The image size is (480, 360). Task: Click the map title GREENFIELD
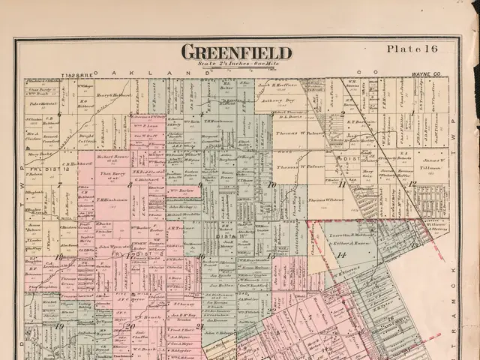pos(235,52)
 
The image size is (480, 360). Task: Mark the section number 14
pos(340,256)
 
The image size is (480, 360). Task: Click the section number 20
pos(130,325)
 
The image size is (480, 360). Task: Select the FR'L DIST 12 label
pos(52,170)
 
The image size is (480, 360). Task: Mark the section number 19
pos(58,325)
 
